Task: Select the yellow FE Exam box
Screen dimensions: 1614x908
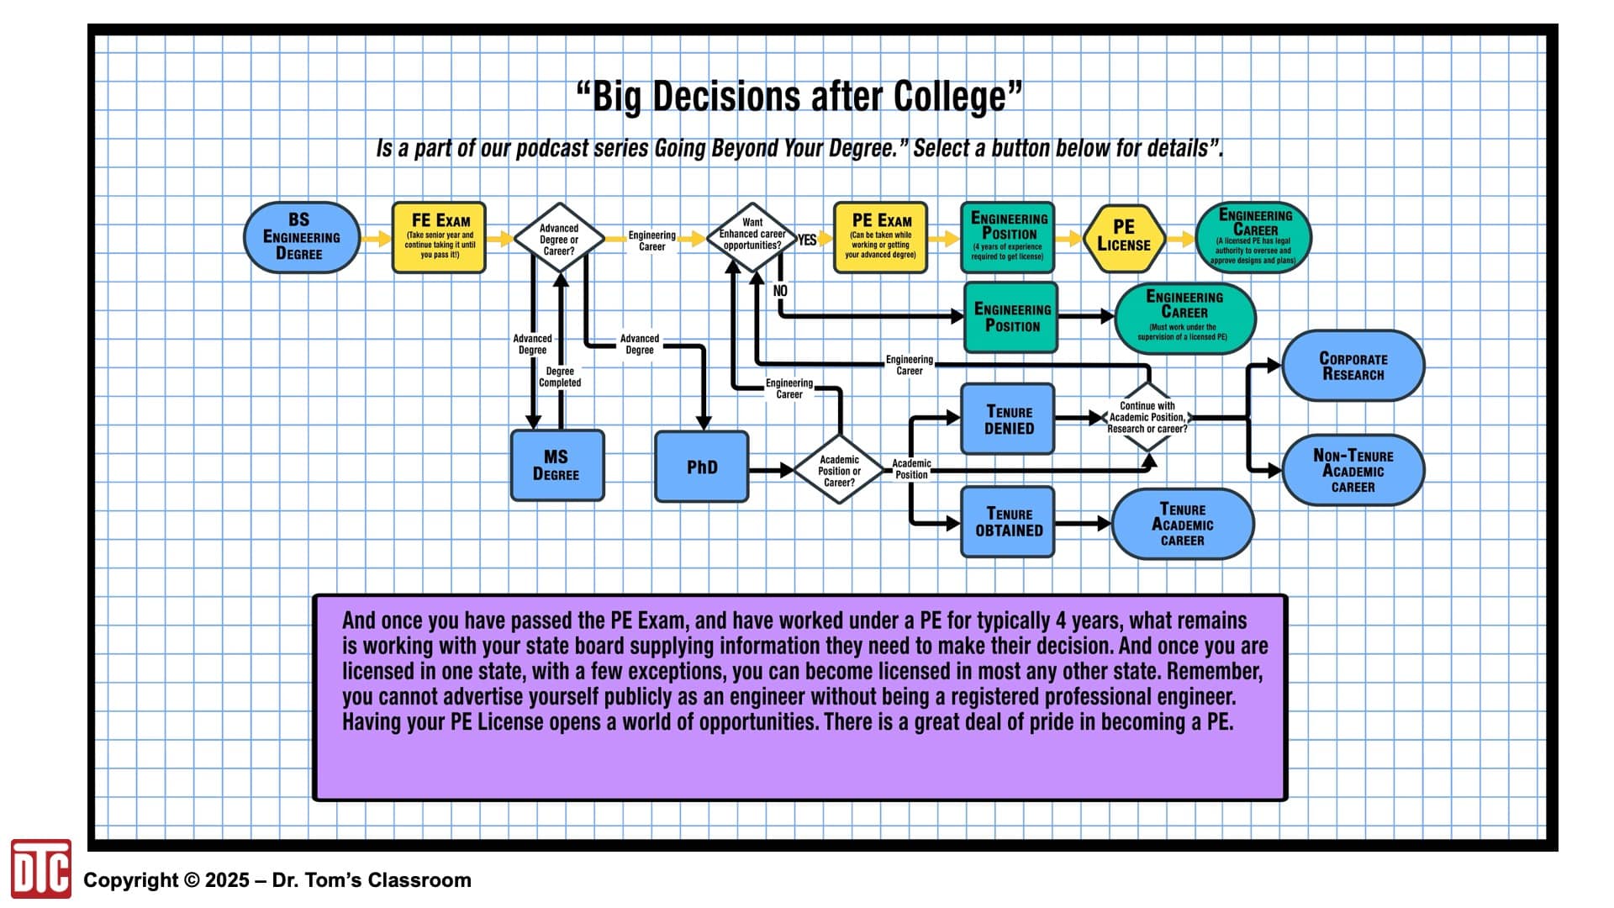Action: coord(439,237)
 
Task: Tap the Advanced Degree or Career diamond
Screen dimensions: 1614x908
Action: coord(559,239)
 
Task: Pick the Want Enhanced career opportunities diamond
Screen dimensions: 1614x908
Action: coord(752,238)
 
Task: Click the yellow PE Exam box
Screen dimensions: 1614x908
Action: coord(881,237)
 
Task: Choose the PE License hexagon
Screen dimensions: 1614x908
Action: coord(1124,238)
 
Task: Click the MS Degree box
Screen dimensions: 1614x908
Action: coord(557,466)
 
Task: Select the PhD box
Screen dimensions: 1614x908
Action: coord(702,467)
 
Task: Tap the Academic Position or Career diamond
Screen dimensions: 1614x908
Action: coord(839,470)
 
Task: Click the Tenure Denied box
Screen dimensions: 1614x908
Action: coord(1008,419)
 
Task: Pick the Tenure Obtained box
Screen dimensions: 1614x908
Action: coord(1008,522)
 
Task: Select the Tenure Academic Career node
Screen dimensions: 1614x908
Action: coord(1183,524)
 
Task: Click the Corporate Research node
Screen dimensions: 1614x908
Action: coord(1353,366)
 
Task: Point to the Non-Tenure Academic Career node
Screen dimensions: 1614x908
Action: coord(1353,470)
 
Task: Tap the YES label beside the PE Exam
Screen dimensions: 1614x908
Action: coord(807,240)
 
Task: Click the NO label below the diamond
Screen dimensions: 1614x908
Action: coord(780,291)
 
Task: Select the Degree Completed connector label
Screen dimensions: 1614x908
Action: coord(560,377)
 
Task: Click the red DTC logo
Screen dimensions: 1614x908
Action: coord(40,868)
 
